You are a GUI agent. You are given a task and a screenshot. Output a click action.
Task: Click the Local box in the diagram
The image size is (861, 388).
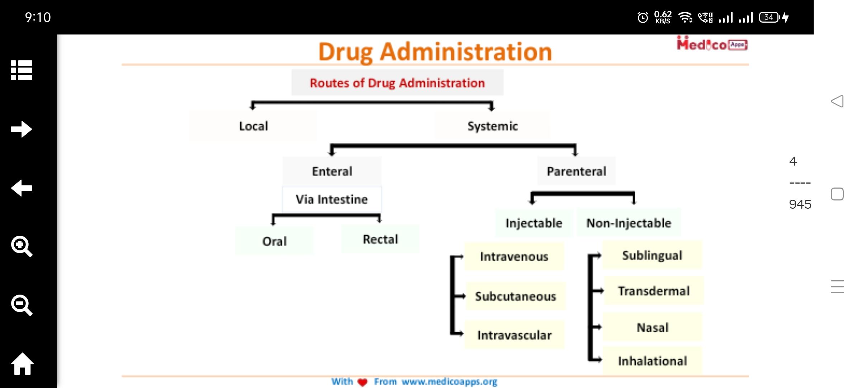click(253, 126)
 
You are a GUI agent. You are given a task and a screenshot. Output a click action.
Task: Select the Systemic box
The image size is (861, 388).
click(492, 126)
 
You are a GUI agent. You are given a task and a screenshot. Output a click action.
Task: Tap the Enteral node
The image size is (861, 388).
click(332, 171)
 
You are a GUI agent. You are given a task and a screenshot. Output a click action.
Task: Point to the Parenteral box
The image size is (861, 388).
click(576, 171)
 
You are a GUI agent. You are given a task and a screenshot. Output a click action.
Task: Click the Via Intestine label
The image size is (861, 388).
click(331, 199)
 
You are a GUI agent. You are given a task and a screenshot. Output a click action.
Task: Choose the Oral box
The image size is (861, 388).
click(274, 241)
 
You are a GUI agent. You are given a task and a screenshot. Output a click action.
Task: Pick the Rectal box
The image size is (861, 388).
click(380, 239)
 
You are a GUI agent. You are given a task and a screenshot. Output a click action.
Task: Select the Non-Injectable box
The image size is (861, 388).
click(629, 223)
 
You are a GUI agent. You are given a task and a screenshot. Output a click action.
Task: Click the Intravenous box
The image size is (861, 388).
click(514, 256)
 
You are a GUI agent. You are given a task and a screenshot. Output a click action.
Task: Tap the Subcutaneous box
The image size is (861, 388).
click(516, 296)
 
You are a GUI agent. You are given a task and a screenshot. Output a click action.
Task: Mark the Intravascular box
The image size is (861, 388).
click(514, 335)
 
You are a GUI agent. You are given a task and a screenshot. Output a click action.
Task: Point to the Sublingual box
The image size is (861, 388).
click(652, 255)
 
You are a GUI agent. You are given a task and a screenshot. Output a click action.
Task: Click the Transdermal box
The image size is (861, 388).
click(654, 290)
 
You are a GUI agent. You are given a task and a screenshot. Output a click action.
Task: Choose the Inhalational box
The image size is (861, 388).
click(652, 360)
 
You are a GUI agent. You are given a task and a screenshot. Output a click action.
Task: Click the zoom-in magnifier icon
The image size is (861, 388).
click(22, 246)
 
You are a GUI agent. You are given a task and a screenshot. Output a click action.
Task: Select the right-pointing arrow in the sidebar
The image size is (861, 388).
click(22, 129)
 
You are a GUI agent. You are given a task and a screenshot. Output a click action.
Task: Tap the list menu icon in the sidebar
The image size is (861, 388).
click(22, 70)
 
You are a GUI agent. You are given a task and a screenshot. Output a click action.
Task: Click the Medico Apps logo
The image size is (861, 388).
click(712, 44)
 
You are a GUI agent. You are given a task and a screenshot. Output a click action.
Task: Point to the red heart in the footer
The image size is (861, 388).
click(363, 382)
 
